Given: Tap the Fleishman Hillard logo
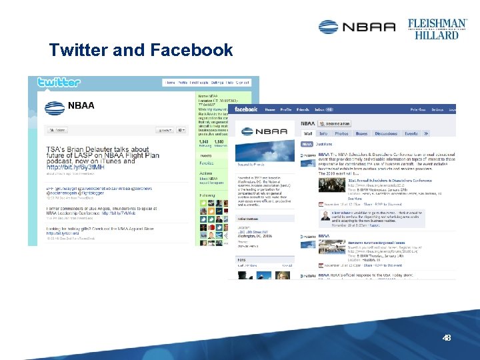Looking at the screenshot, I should point(437,28).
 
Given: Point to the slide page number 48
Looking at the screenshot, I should point(447,338).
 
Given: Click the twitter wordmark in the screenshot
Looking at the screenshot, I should point(59,83).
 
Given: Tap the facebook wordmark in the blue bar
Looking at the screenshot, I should point(246,109).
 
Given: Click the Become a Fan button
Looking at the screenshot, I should point(338,123).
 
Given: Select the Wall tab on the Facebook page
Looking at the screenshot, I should point(308,133).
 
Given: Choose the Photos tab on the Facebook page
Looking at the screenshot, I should point(341,133).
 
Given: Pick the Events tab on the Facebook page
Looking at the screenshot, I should point(411,133).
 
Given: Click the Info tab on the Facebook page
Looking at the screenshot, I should point(324,133).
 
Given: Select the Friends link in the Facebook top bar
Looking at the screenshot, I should point(303,109).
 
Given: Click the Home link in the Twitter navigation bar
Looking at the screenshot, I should point(169,83).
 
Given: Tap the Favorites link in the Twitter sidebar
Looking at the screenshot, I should point(207,163).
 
